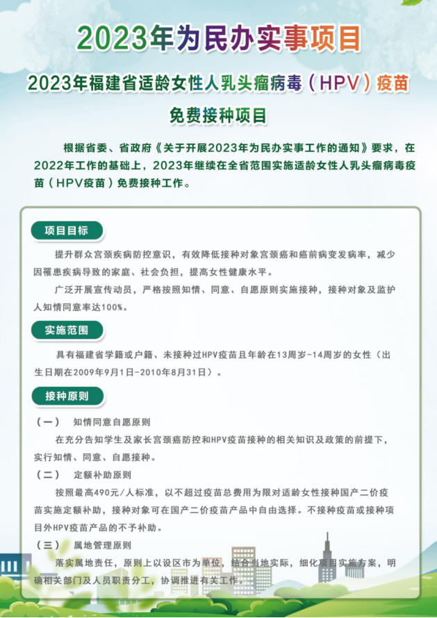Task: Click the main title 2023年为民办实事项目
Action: tap(218, 39)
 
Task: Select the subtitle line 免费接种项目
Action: tap(218, 114)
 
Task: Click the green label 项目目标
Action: tap(67, 231)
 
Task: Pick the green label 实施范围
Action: tap(67, 330)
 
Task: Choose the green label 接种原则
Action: tap(67, 396)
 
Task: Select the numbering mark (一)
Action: tap(47, 421)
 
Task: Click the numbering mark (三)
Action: tap(47, 545)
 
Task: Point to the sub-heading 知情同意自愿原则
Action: tap(112, 421)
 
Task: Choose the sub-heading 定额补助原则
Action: tap(102, 475)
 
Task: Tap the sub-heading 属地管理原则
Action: tap(102, 545)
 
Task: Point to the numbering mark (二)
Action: tap(47, 475)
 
